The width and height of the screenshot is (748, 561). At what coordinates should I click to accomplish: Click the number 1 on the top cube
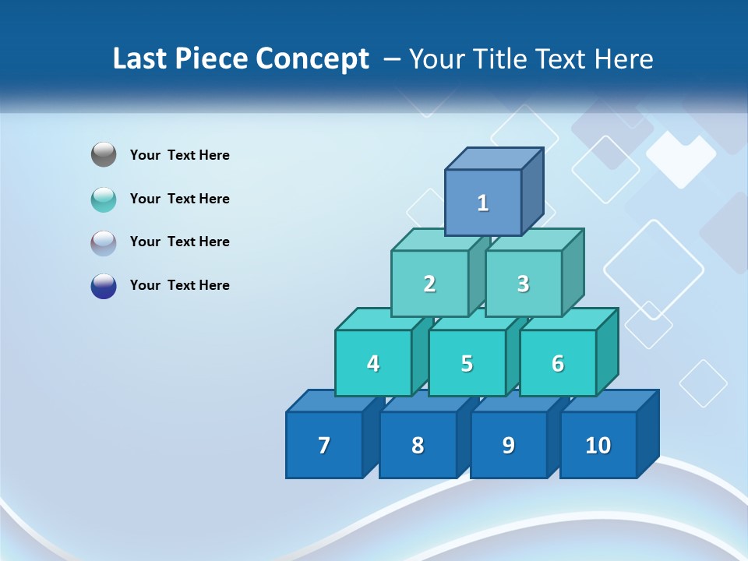pos(483,203)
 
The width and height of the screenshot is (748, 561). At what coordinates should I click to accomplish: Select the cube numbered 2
pos(429,284)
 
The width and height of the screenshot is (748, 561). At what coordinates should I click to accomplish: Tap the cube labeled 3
pos(523,284)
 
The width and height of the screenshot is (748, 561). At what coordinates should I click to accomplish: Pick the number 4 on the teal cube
pos(373,364)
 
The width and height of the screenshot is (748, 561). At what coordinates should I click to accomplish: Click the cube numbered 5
pos(467,364)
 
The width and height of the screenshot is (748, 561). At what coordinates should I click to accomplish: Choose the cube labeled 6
pos(558,364)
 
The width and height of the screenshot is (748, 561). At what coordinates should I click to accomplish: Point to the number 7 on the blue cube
pos(324,446)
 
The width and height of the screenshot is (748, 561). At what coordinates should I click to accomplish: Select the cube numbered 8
pos(418,446)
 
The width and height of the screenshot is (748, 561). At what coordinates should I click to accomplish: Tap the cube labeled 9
pos(508,446)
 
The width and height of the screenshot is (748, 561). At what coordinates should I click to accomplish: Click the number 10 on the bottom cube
pos(598,446)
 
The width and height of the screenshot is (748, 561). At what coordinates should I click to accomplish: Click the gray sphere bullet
pos(104,155)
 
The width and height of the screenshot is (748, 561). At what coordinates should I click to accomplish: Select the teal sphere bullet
pos(104,199)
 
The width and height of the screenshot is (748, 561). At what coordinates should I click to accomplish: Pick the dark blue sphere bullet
pos(104,285)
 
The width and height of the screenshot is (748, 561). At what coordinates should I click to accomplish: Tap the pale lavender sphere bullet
pos(104,242)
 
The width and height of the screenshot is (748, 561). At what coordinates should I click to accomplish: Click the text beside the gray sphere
pos(180,155)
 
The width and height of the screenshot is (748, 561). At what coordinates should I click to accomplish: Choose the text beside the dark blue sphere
pos(180,285)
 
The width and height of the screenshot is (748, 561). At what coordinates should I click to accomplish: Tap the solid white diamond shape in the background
pos(680,159)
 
